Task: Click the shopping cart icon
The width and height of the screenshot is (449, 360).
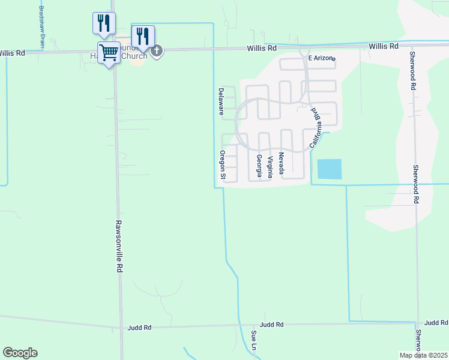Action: click(x=109, y=53)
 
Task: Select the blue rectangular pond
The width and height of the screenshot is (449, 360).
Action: click(x=329, y=169)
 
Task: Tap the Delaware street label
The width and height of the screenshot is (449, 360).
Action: click(x=221, y=101)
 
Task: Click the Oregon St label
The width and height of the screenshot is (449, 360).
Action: click(x=221, y=165)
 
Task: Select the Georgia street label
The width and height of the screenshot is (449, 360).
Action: click(x=259, y=166)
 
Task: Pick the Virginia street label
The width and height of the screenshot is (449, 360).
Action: click(x=270, y=167)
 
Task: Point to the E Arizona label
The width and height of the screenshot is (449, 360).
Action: click(x=321, y=58)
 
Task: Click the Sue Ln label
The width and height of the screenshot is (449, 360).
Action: click(x=254, y=340)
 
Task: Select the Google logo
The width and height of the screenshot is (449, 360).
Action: click(x=20, y=353)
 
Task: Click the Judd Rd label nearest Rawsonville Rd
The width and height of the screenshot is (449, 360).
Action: click(x=139, y=328)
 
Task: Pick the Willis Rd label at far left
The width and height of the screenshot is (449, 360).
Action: click(x=12, y=53)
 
